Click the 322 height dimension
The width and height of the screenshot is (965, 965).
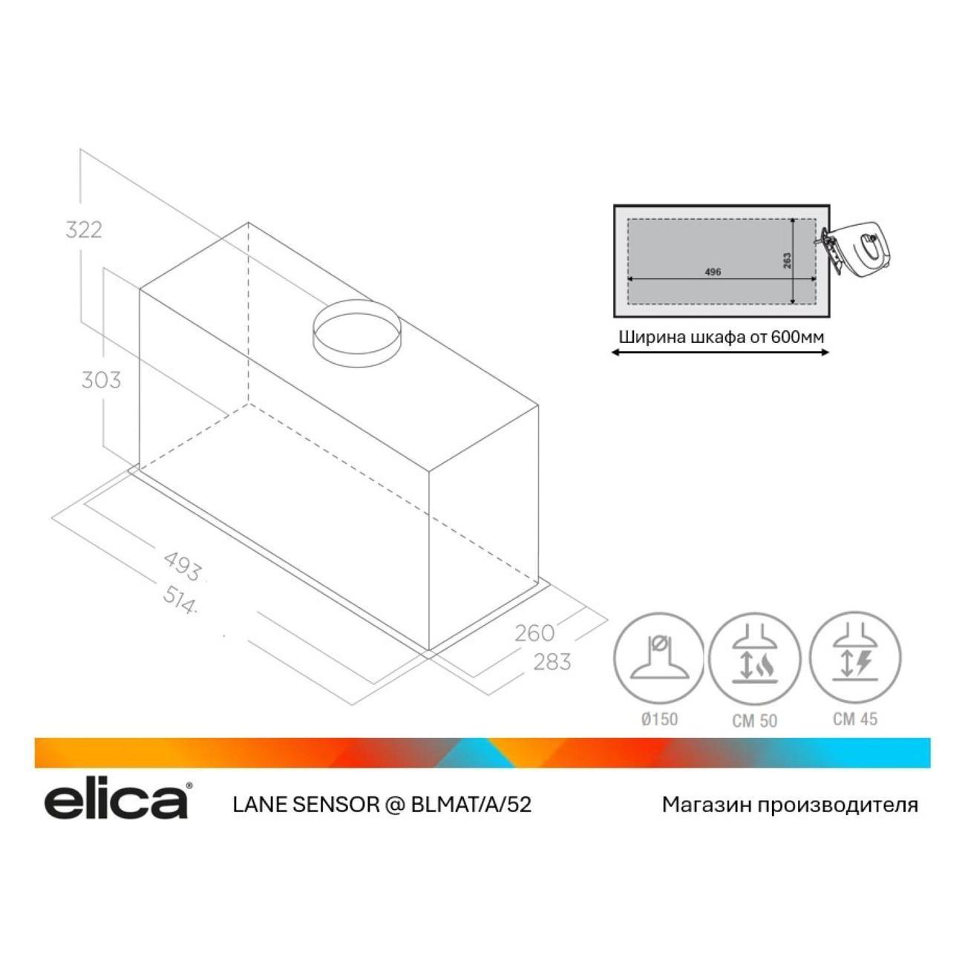(x=84, y=230)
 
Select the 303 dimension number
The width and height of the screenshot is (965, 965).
(x=102, y=380)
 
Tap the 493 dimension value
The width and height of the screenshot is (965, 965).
(x=183, y=567)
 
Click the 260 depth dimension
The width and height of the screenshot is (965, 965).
(x=534, y=633)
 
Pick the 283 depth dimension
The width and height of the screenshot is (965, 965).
(x=552, y=662)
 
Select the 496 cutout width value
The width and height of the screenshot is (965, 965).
(x=712, y=272)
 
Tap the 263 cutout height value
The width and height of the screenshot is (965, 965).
(x=788, y=261)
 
